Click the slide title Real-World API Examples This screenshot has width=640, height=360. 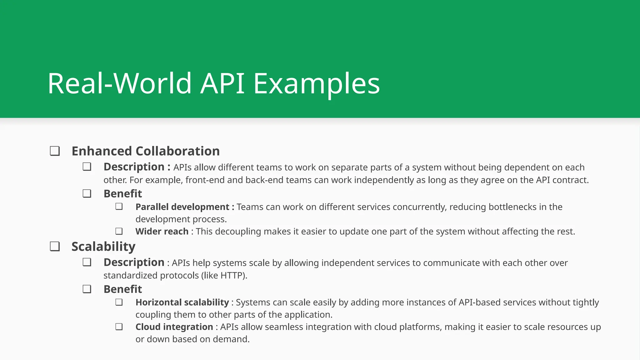(213, 83)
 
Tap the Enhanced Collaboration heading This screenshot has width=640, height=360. (146, 151)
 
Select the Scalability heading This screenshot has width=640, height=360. (103, 247)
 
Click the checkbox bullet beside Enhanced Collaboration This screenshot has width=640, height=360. (55, 151)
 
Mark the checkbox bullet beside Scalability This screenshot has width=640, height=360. (55, 247)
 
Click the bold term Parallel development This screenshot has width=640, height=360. (182, 207)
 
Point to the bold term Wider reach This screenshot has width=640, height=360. (162, 232)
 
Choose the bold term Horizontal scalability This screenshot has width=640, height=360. (182, 302)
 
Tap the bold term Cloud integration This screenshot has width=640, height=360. (174, 327)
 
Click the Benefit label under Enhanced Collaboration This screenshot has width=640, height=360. (123, 194)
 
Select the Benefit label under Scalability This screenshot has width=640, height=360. (123, 289)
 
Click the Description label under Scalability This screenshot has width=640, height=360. (134, 262)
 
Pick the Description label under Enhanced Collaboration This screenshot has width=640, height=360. (134, 167)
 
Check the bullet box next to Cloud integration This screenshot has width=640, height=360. (119, 327)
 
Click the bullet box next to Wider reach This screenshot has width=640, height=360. (119, 232)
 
